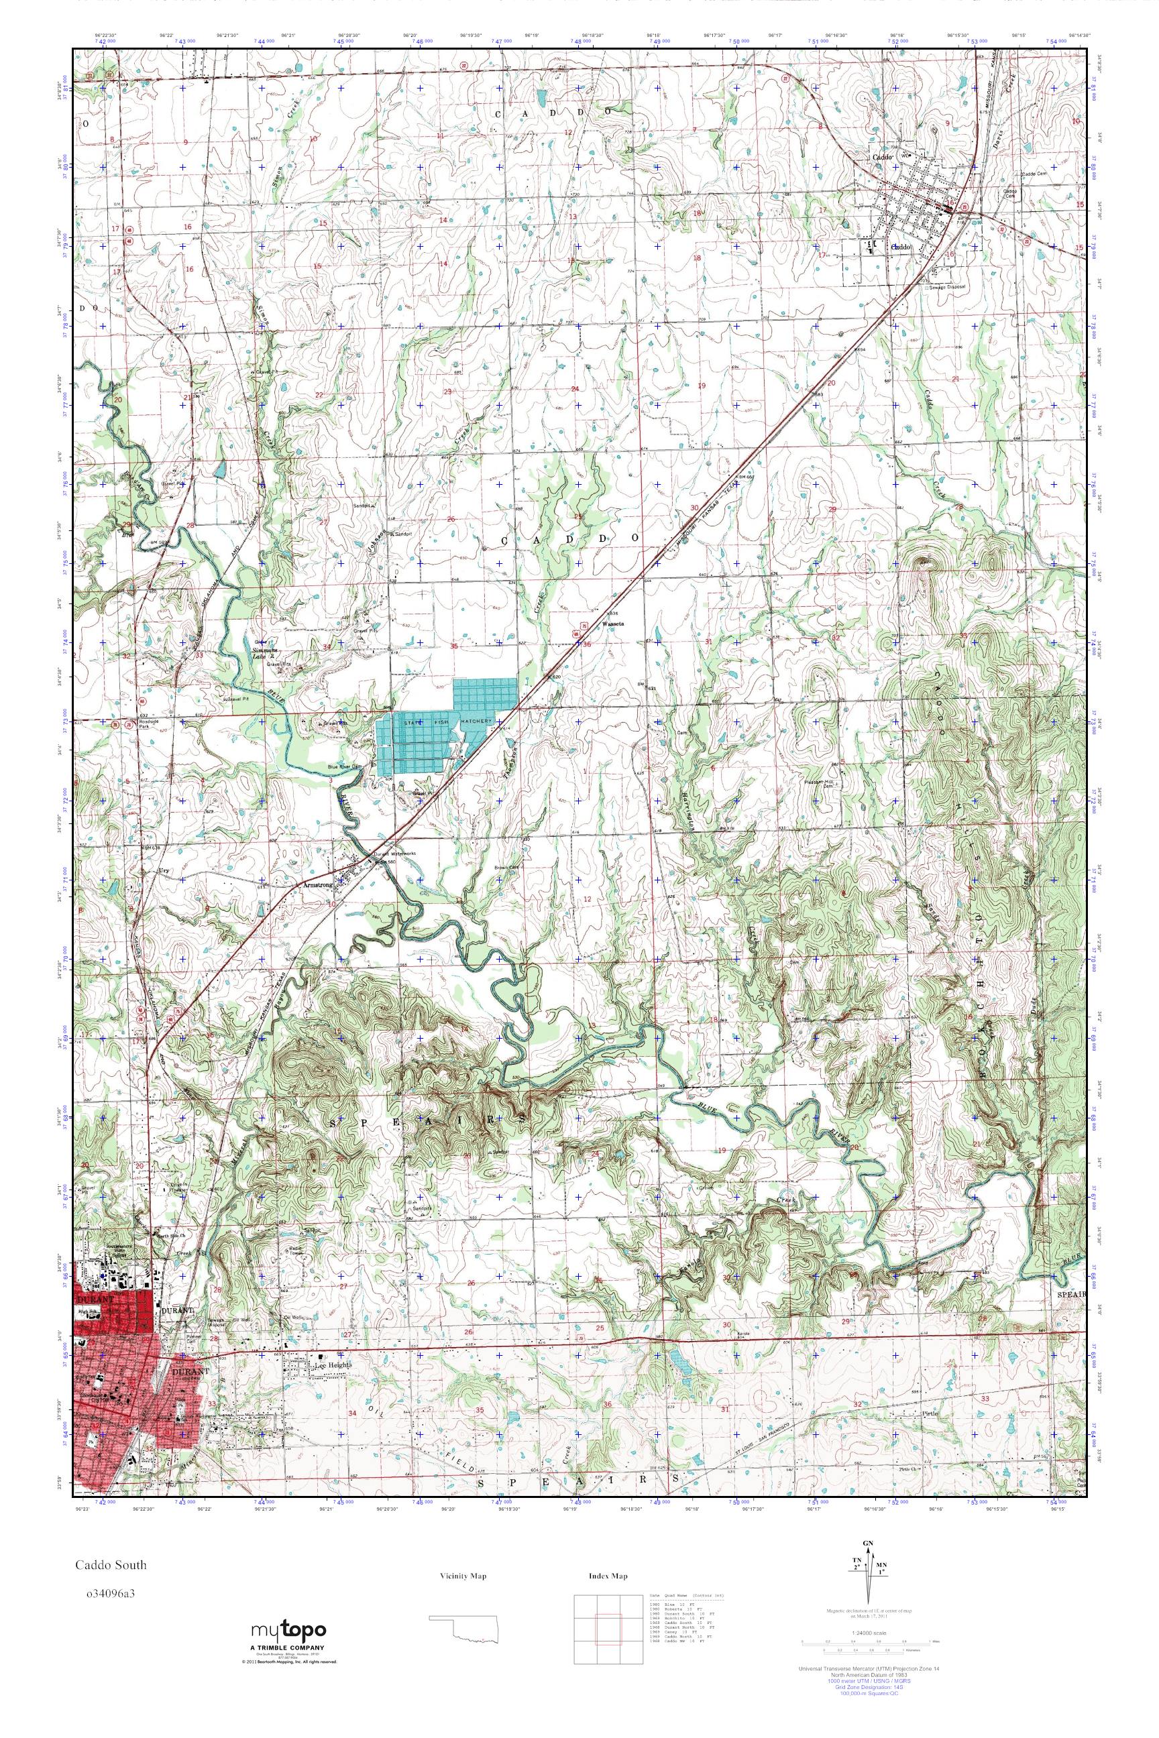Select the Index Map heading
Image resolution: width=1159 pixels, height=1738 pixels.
tap(608, 1576)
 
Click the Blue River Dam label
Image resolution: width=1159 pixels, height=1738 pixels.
tap(345, 768)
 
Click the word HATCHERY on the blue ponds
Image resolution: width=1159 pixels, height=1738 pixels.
tap(477, 719)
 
